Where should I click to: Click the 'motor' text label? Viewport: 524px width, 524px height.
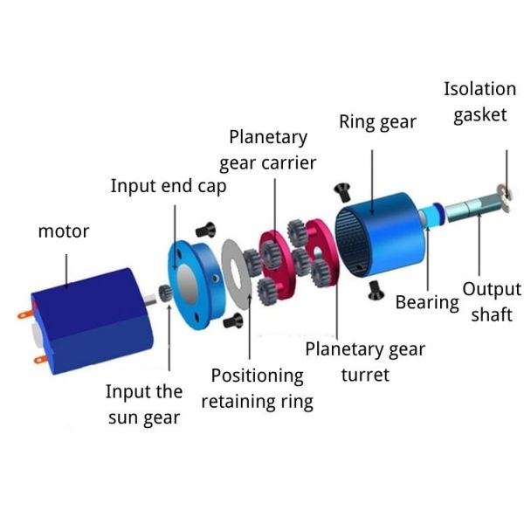pos(63,231)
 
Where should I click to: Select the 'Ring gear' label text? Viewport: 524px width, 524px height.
pos(377,121)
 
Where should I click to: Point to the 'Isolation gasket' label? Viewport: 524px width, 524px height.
pos(479,101)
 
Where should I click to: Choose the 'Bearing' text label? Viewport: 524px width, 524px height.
pos(427,302)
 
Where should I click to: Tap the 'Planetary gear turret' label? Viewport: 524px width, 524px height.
pos(364,362)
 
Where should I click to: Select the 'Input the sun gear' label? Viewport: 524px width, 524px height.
pos(145,404)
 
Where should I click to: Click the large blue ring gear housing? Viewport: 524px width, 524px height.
pos(384,237)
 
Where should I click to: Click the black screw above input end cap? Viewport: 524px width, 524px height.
pos(208,230)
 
